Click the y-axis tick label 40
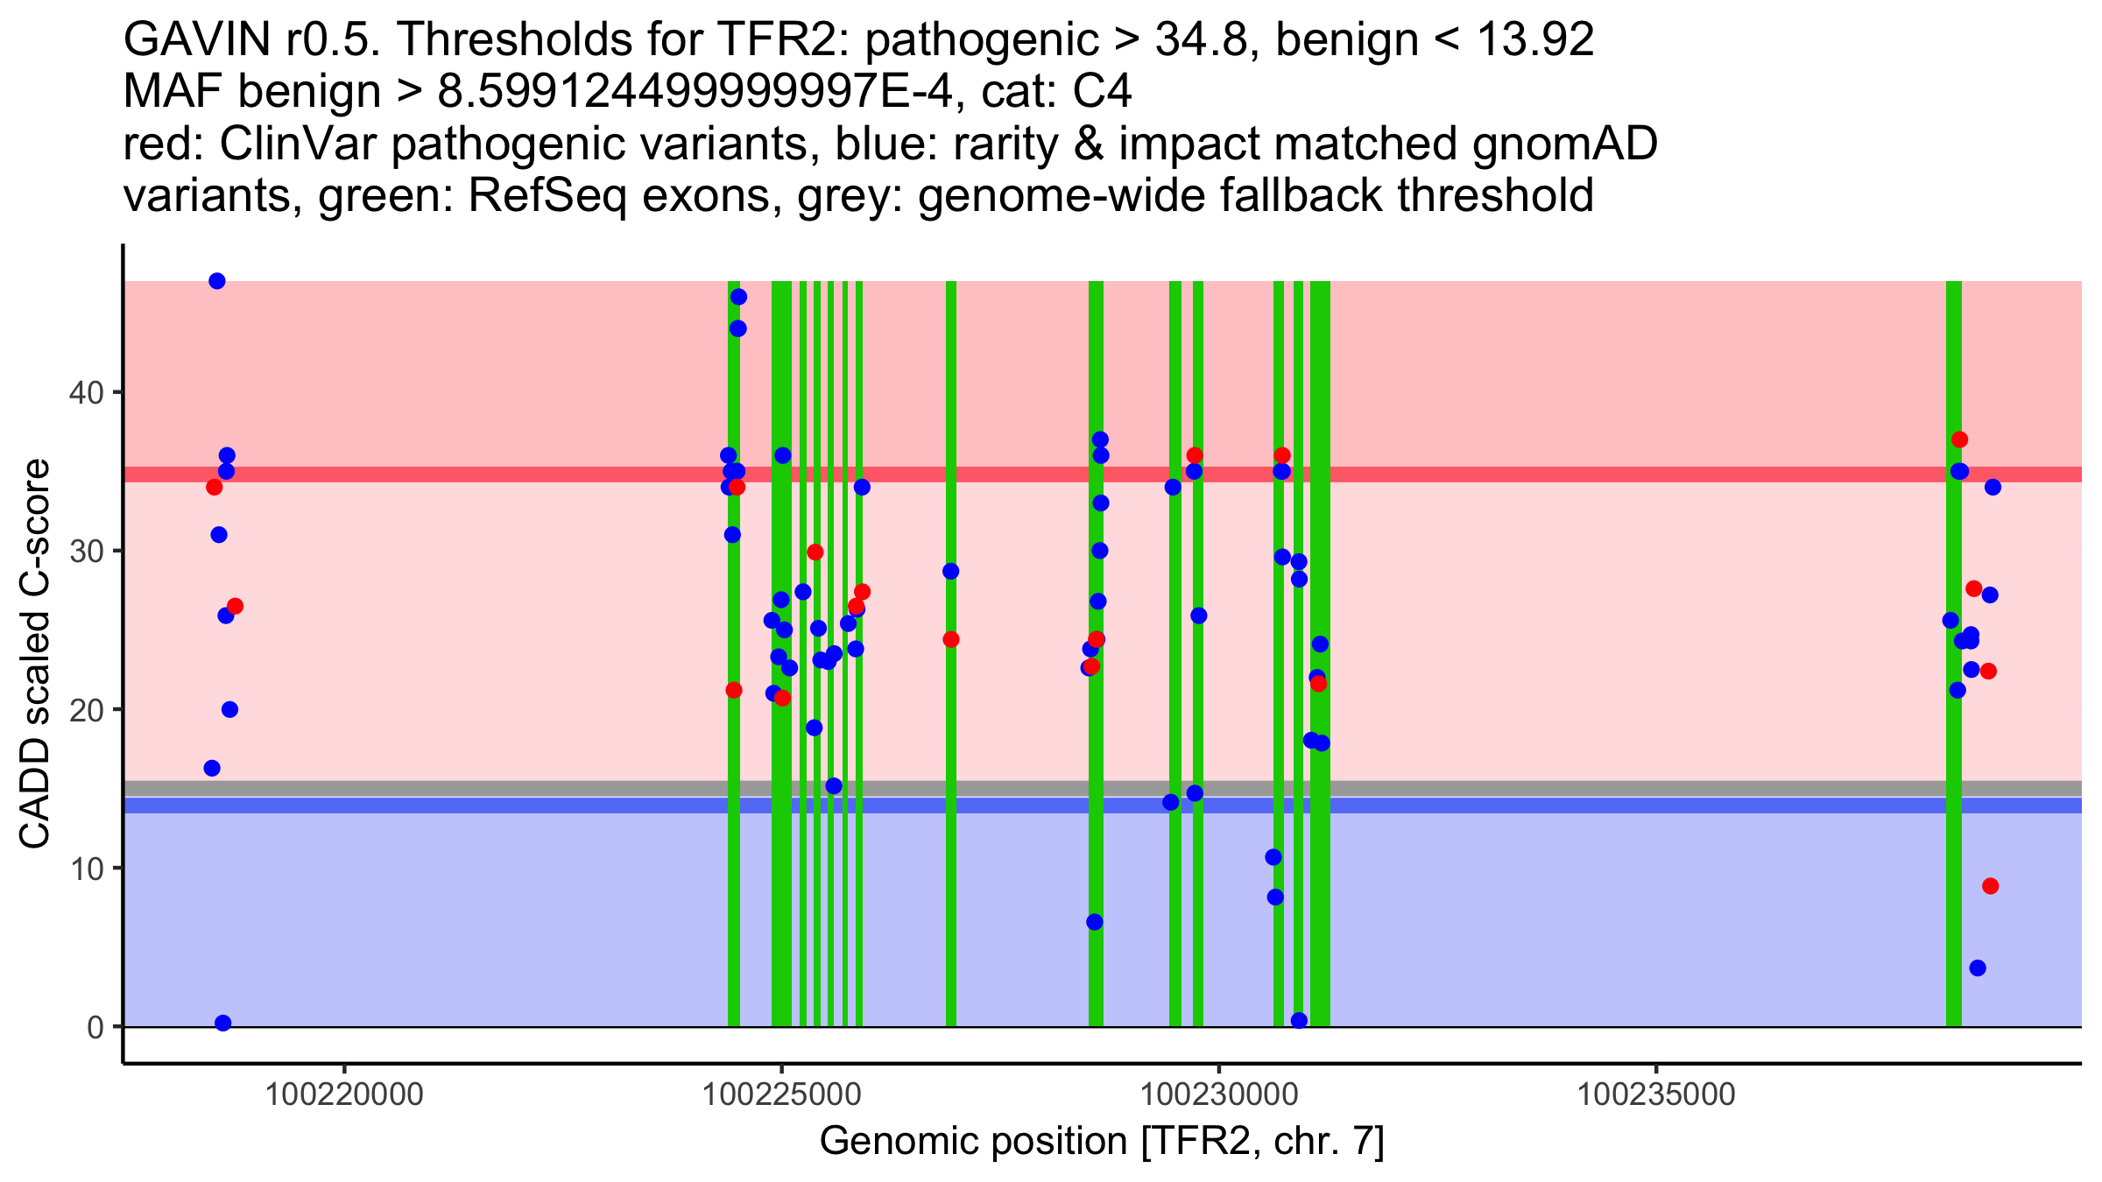(85, 392)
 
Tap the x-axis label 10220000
(344, 1094)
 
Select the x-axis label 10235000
(1655, 1094)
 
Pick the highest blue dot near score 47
(217, 281)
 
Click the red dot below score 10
(1990, 886)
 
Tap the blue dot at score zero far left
(223, 1023)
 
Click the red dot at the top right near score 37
(1959, 440)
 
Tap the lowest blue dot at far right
(1977, 967)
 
